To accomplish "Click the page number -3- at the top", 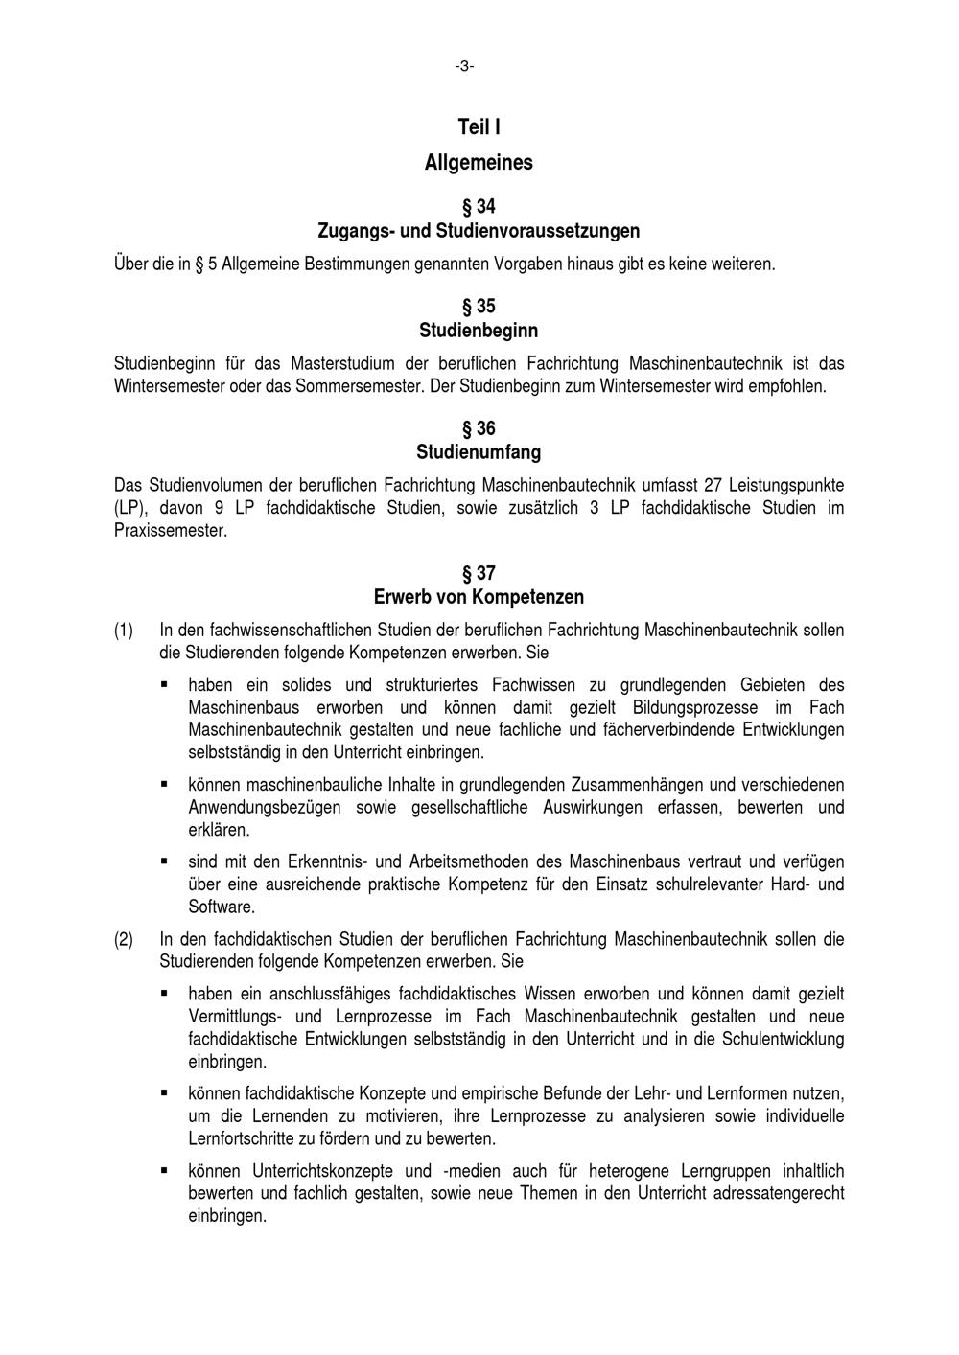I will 465,66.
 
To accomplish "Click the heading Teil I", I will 479,127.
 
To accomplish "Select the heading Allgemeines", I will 479,163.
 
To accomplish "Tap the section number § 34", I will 479,207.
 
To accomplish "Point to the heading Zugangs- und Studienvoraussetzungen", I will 479,231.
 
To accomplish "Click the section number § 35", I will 479,307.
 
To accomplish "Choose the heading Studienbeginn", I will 479,331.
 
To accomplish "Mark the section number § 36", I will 479,428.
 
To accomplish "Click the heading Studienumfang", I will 479,451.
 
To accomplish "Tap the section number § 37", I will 479,574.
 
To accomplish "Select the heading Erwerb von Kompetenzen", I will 479,597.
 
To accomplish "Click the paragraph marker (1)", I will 124,631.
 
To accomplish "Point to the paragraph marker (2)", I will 124,939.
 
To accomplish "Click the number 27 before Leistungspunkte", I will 711,485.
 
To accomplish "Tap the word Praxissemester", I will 171,530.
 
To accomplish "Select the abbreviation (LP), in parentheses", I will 129,508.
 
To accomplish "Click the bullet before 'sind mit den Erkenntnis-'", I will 165,860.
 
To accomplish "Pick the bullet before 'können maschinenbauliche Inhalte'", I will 165,783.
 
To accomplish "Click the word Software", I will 222,906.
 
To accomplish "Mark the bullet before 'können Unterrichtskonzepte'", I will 165,1170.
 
